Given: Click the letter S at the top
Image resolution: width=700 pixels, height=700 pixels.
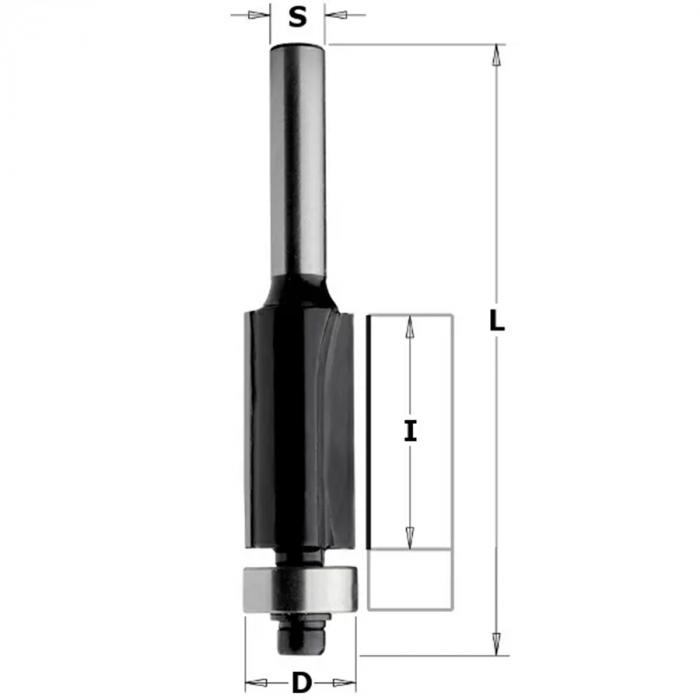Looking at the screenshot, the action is click(298, 17).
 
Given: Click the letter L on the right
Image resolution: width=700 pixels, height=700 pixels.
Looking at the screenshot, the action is click(496, 321).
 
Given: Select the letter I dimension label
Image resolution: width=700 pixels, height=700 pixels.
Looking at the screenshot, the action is click(410, 431).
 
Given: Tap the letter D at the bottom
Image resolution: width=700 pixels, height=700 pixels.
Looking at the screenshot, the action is click(302, 683).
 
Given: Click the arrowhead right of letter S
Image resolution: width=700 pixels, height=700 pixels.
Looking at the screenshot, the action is click(336, 15).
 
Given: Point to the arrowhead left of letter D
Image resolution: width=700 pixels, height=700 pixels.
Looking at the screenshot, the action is click(256, 683).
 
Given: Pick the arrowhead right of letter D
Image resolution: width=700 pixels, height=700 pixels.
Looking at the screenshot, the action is click(345, 683).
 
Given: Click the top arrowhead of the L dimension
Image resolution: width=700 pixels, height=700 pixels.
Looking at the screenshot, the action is click(496, 55).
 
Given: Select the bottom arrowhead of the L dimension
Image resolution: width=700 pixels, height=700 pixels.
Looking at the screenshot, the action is click(496, 645).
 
